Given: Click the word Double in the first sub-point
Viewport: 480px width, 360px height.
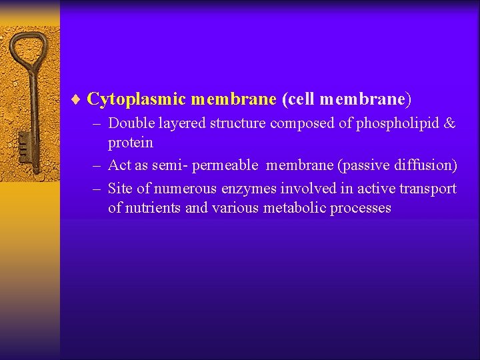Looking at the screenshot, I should point(130,123).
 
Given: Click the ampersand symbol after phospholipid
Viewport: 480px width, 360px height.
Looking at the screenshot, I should point(450,123).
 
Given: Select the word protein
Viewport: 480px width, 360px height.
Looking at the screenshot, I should point(131,143).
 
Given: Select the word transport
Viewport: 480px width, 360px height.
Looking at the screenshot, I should point(431,189).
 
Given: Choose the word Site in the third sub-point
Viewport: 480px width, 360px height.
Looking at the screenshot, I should point(120,189).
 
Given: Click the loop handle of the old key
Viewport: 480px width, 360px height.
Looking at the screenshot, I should point(29,50).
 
